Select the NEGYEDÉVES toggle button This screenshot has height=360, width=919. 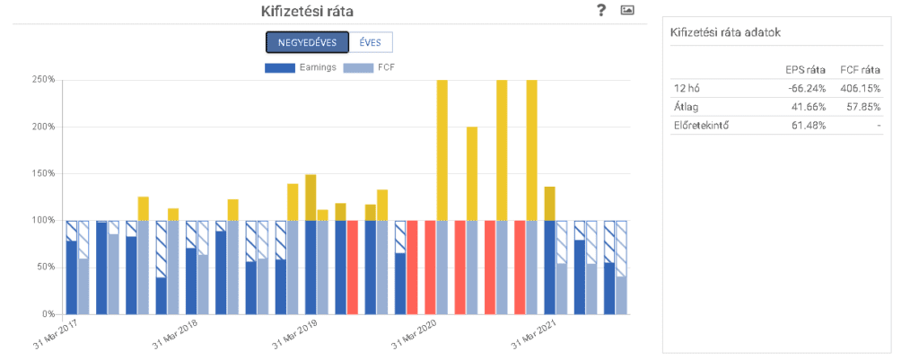click(x=307, y=42)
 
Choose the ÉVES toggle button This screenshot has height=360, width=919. click(x=371, y=42)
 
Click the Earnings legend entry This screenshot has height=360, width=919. click(x=301, y=67)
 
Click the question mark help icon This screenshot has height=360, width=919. click(x=601, y=10)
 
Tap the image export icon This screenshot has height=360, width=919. click(x=627, y=10)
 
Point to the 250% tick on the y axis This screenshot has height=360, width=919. click(x=43, y=80)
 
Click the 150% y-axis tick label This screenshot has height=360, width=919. click(x=43, y=173)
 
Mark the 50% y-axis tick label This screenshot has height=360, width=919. click(x=46, y=268)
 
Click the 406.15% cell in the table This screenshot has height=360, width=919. click(x=859, y=89)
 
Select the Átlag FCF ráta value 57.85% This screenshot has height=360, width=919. click(x=862, y=107)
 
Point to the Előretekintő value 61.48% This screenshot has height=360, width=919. click(x=807, y=125)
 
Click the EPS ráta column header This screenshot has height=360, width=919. click(x=805, y=69)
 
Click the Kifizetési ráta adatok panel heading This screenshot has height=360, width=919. click(x=726, y=32)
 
